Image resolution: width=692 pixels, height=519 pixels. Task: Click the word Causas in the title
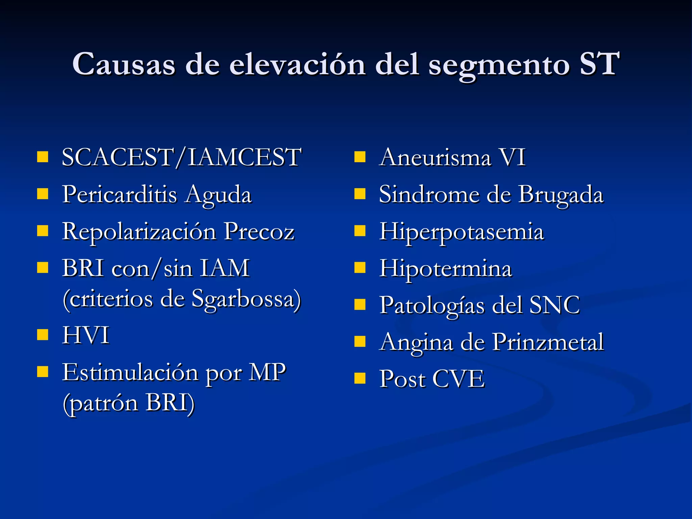tap(124, 64)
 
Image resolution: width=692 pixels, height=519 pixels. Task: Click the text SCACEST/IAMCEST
tap(181, 157)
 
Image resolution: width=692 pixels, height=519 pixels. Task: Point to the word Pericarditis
tap(119, 195)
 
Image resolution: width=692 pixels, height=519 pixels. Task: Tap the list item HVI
tap(86, 335)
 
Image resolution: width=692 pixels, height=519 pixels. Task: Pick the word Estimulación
tap(130, 372)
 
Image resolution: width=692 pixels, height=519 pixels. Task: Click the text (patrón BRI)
tap(129, 403)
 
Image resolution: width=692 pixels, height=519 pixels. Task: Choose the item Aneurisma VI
tap(452, 157)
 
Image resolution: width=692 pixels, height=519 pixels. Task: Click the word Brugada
tap(561, 195)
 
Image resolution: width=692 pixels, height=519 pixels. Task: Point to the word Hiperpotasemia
tap(461, 232)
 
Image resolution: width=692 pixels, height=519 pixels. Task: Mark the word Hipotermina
tap(445, 269)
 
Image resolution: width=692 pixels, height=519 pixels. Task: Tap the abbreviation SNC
tap(554, 305)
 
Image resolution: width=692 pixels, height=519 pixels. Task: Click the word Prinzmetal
tap(548, 342)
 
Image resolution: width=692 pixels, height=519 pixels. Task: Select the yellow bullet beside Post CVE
tap(360, 378)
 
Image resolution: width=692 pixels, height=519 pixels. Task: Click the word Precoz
tap(259, 232)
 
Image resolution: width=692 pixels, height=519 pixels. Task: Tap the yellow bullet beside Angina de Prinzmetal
tap(360, 342)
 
